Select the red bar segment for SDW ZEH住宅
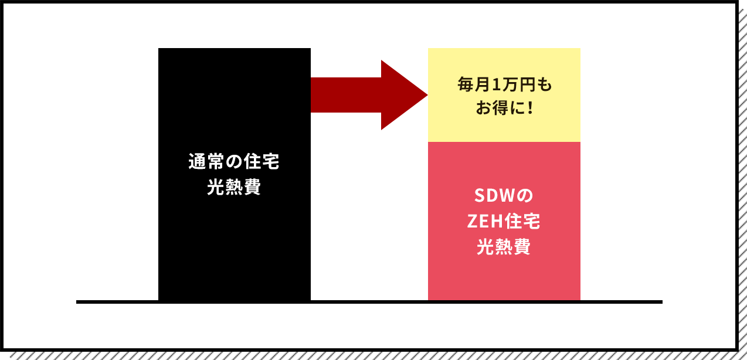pos(504,276)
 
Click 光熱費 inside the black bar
pos(234,189)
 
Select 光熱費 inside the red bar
pos(504,247)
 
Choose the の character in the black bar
pos(234,162)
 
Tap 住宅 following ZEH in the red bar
pos(524,222)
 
